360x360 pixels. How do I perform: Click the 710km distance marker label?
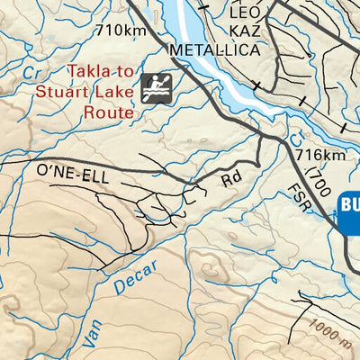click(121, 30)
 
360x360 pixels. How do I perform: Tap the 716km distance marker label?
click(319, 155)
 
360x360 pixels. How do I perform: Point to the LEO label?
click(249, 13)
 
